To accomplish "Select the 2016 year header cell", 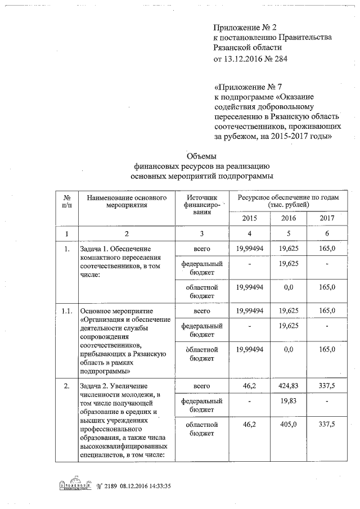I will coord(289,218).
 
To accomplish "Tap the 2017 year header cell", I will coord(327,218).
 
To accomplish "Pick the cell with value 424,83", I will coord(289,386).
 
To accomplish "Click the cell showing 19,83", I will coord(289,400).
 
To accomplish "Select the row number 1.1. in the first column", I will coord(66,310).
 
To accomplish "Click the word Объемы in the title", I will coord(201,156).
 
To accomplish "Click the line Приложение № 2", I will coord(245,27).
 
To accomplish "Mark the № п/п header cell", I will coord(66,201).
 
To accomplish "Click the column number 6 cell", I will coord(327,233).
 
